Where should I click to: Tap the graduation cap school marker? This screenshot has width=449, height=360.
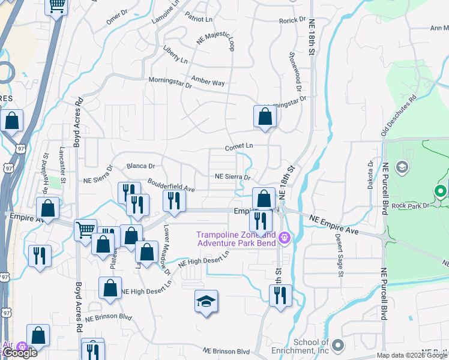[x=206, y=301]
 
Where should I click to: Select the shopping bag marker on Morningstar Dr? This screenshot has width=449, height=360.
[x=265, y=116]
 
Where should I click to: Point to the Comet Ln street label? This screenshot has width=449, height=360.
[x=239, y=146]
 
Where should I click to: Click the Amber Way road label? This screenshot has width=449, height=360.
[x=208, y=81]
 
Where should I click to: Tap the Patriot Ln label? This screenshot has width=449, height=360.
[x=199, y=19]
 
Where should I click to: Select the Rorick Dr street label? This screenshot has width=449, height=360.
[x=293, y=20]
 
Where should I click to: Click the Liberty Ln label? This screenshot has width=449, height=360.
[x=175, y=61]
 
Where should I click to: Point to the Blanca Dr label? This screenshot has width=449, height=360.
[x=141, y=166]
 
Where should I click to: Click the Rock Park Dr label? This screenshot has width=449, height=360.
[x=420, y=205]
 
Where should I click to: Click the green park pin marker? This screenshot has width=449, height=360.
[x=440, y=191]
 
